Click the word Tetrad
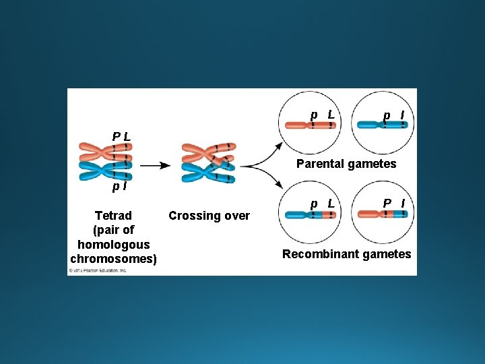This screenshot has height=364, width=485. point(113,216)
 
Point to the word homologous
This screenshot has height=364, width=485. point(113,245)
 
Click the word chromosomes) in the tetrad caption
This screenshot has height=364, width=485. point(113,259)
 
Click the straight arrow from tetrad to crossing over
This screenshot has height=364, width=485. point(155,165)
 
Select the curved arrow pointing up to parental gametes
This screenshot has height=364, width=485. point(263,153)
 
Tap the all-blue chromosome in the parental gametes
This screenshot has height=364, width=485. point(381,125)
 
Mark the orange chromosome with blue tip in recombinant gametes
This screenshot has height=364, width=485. point(381,214)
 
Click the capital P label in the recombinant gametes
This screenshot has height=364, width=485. point(387,202)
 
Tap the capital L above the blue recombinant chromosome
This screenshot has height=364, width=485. point(331,202)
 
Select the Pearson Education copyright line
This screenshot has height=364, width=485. point(98,270)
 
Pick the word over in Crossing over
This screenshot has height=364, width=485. point(237,216)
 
